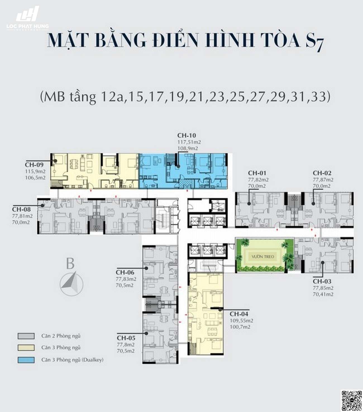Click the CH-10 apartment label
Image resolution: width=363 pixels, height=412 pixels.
(x=187, y=136)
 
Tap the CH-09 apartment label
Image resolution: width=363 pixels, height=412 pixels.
(x=34, y=165)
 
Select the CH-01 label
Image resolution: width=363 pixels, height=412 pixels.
(x=257, y=173)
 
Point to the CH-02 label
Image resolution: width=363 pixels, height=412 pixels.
(x=322, y=173)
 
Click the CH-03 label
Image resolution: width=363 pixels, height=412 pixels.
(x=322, y=281)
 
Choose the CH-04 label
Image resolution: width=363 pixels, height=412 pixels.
(x=239, y=314)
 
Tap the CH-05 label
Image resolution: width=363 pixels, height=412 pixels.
(x=126, y=338)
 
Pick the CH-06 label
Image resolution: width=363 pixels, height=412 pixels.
(x=125, y=272)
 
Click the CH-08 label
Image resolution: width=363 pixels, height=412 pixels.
(x=21, y=209)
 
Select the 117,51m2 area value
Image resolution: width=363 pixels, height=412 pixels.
(x=189, y=142)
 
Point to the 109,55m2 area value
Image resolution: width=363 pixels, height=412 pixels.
(x=242, y=321)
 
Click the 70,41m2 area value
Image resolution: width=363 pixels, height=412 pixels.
(x=323, y=294)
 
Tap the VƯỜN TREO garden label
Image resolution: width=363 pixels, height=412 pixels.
(x=263, y=257)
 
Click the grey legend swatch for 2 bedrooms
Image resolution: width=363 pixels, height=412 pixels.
(x=26, y=336)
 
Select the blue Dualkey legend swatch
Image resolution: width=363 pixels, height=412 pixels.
(x=26, y=360)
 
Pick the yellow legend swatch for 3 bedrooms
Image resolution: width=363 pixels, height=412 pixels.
(x=26, y=348)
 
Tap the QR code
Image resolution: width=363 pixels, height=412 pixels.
(x=352, y=401)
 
